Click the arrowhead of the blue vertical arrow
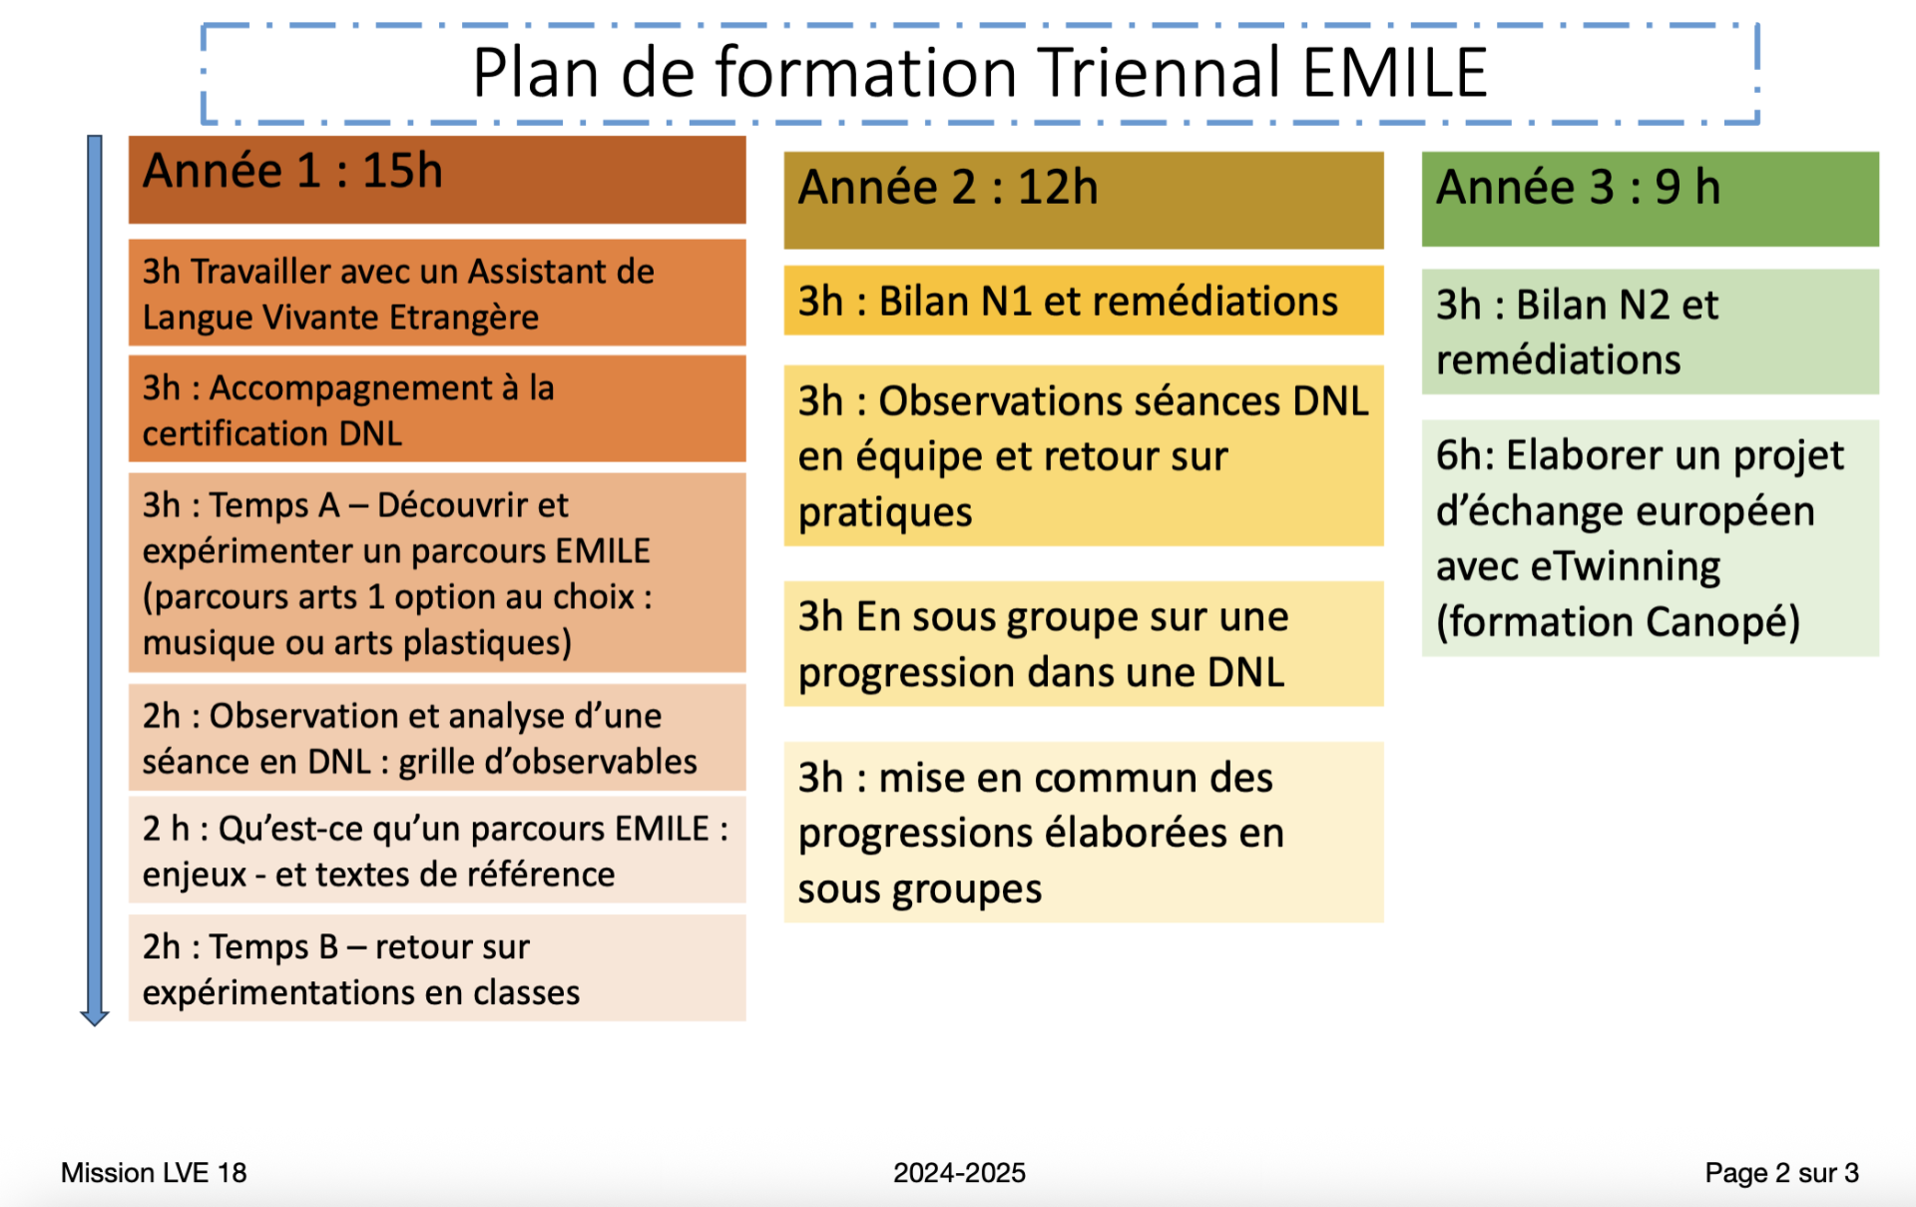[95, 1017]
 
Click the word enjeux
[194, 876]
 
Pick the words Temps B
[274, 946]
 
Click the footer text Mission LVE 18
[154, 1172]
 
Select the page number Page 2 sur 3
[1781, 1173]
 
